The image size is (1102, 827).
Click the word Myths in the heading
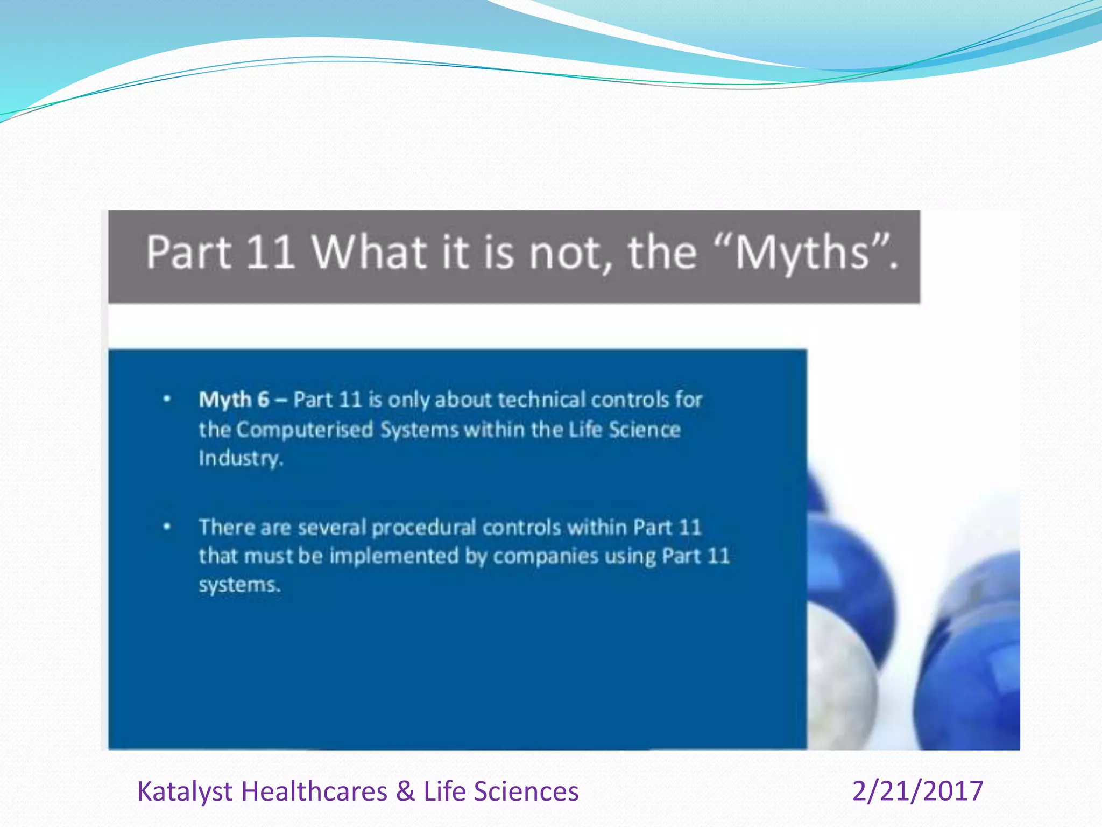[x=802, y=253]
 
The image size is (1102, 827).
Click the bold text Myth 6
[x=234, y=400]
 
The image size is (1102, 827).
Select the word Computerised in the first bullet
[x=305, y=430]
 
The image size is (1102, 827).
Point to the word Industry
[x=240, y=458]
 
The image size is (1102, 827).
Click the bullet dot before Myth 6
[x=167, y=399]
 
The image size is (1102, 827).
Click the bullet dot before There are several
[x=167, y=527]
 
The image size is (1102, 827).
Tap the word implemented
[x=393, y=556]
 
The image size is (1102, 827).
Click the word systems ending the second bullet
[x=239, y=585]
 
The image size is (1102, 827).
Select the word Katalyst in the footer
[x=185, y=791]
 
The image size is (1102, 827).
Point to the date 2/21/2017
[x=917, y=791]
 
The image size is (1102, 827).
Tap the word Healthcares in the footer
[x=314, y=791]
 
